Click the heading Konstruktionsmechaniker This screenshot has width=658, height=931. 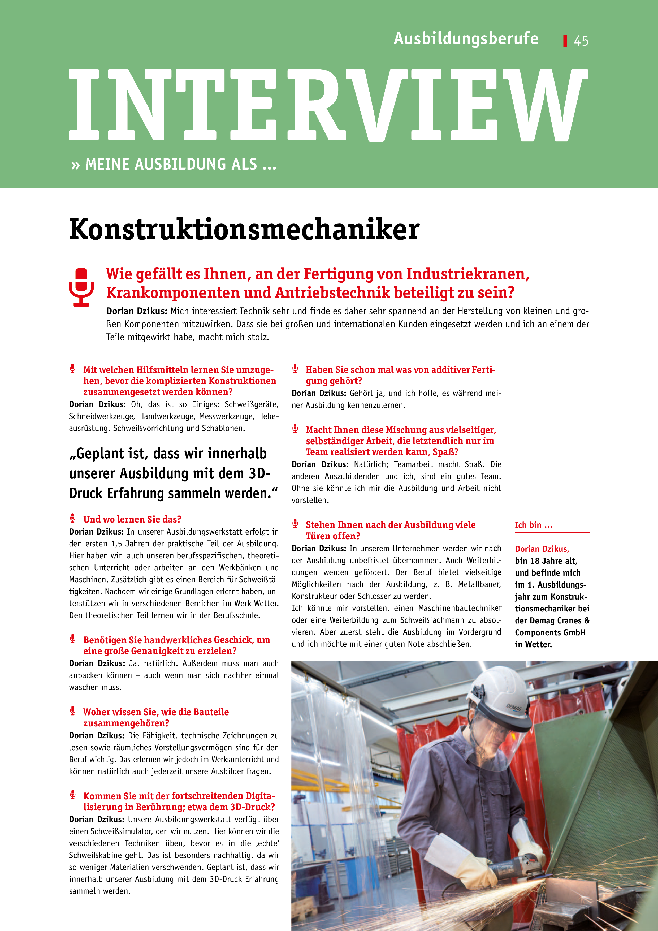(244, 230)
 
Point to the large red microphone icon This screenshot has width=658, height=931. (81, 286)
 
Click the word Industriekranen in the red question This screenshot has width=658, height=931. (467, 274)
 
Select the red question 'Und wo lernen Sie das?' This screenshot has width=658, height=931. (132, 519)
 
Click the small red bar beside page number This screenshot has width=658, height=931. (565, 41)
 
